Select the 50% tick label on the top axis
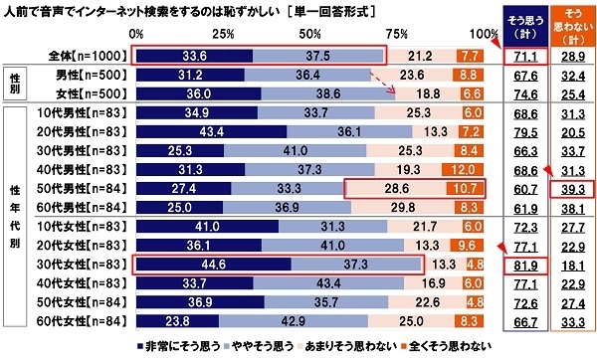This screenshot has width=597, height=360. tap(309, 34)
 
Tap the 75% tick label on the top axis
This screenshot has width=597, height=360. tap(397, 34)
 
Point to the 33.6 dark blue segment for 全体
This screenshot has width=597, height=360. tap(192, 56)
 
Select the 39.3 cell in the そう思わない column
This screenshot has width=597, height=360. tap(570, 186)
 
